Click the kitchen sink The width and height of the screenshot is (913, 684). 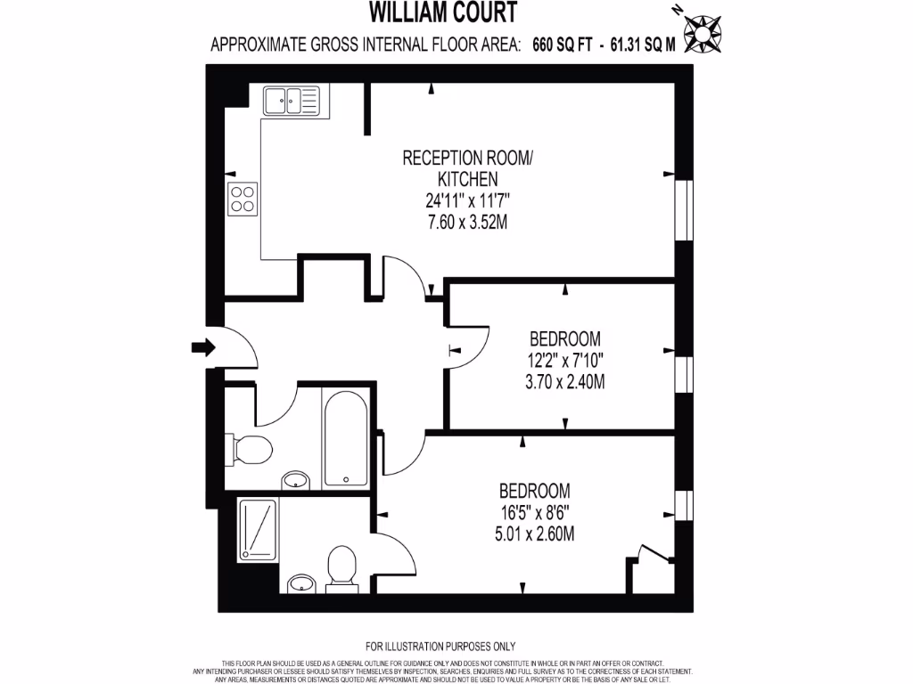[290, 102]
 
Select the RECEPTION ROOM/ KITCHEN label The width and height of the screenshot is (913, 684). [468, 169]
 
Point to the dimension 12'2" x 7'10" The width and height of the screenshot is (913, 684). [564, 362]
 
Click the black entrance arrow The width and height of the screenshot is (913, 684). [203, 348]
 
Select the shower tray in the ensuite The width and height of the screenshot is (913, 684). [259, 529]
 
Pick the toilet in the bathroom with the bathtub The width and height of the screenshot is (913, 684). [249, 449]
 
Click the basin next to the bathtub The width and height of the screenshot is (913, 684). [296, 482]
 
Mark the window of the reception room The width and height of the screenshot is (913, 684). [684, 210]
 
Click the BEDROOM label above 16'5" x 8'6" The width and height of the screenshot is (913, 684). [535, 491]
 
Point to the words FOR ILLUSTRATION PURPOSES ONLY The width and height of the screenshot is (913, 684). [440, 647]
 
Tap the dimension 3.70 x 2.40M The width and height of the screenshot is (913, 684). [564, 384]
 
